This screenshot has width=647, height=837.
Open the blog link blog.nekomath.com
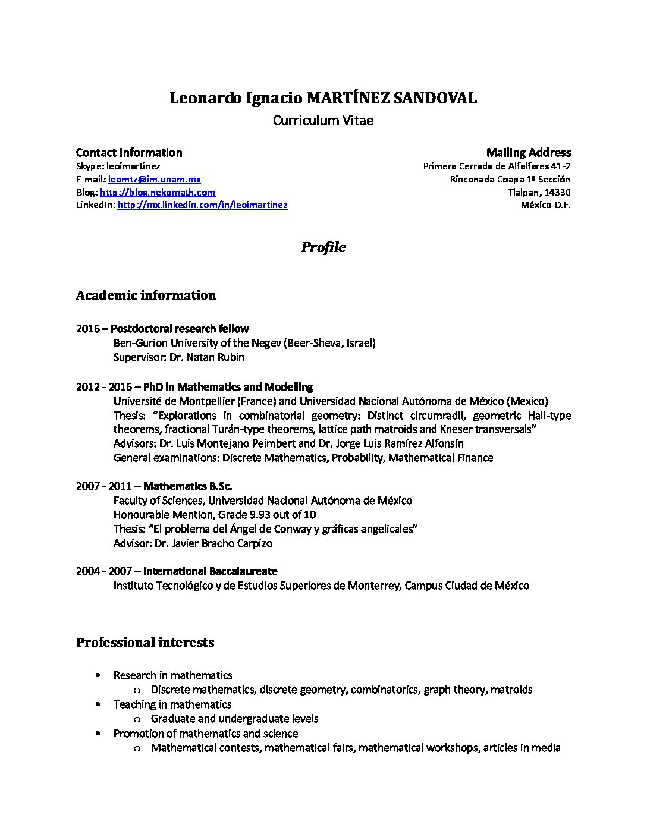tap(158, 193)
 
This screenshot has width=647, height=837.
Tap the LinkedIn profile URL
tap(202, 206)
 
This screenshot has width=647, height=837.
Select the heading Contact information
tap(129, 153)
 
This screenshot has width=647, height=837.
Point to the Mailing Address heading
tap(528, 153)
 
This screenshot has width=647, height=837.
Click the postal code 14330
tap(557, 193)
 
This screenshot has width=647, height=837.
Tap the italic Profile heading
tap(323, 247)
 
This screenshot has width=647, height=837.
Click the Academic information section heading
tap(146, 295)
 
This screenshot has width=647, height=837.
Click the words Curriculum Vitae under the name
tap(323, 121)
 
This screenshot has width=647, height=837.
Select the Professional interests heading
tap(145, 643)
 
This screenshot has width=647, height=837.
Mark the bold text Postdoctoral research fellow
tap(180, 329)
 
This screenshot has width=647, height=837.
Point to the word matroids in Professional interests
tap(511, 690)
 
